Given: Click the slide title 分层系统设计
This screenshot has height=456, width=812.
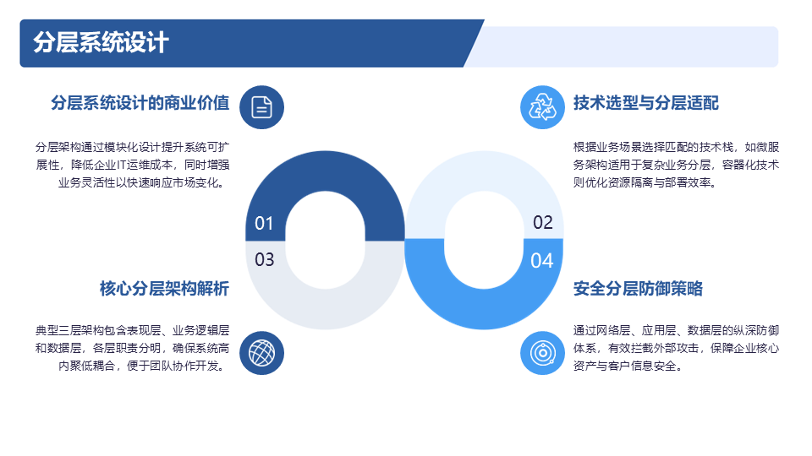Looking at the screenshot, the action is click(101, 42).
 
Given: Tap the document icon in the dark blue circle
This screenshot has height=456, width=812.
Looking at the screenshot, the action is click(261, 107).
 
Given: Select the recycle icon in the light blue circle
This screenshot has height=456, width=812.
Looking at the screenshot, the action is click(542, 107).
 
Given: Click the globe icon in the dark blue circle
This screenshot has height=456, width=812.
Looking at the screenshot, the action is click(261, 353).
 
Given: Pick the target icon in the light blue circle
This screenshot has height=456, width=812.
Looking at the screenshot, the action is click(542, 353).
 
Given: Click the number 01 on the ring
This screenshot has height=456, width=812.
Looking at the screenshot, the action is click(264, 223).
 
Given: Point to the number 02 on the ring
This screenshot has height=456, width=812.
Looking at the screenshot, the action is click(543, 222).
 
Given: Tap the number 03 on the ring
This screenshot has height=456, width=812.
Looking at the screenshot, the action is click(264, 259).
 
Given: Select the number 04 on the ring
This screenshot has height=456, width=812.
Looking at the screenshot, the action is click(541, 261).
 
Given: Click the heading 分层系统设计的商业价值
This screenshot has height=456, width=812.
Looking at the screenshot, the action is click(140, 103).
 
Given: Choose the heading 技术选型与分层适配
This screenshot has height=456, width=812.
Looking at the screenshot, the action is click(645, 103).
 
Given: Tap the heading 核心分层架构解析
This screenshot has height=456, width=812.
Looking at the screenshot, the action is click(164, 289).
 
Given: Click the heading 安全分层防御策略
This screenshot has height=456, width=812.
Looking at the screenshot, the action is click(638, 289).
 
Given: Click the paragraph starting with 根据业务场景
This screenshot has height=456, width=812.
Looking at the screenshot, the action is click(676, 165).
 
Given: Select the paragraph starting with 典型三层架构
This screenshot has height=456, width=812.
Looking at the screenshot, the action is click(132, 348).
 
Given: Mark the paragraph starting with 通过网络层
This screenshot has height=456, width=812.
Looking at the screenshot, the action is click(676, 348).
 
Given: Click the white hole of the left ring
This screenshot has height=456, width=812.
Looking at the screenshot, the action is click(325, 240).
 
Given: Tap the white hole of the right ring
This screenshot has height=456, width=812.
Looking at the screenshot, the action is click(484, 240).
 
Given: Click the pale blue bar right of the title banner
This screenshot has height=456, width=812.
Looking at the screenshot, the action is click(627, 46).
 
